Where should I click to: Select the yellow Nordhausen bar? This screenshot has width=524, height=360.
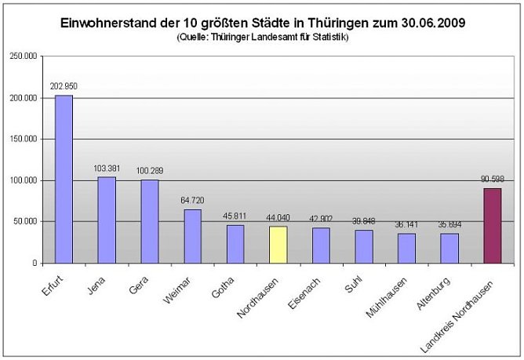[x=278, y=244]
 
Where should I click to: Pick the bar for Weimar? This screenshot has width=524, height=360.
[x=192, y=235]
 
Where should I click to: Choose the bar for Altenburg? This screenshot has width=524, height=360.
[x=449, y=248]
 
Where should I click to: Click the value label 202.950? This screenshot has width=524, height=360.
[x=64, y=85]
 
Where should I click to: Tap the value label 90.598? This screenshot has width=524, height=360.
[x=493, y=178]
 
